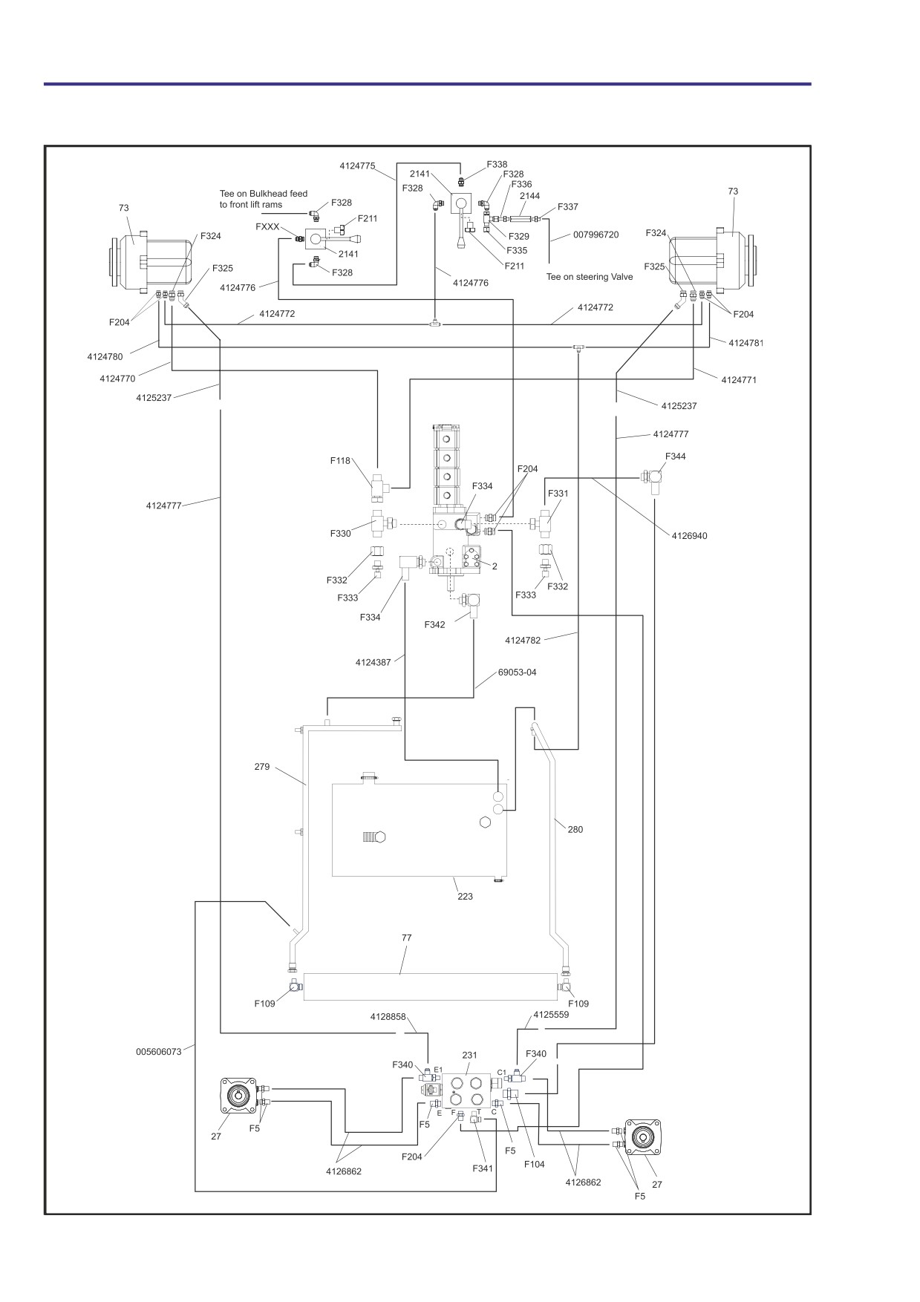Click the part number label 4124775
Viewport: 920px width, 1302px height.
pyautogui.click(x=357, y=166)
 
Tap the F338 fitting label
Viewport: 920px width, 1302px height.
pyautogui.click(x=497, y=165)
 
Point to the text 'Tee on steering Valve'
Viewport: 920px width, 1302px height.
pyautogui.click(x=590, y=277)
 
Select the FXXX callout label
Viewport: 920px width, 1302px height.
pyautogui.click(x=267, y=226)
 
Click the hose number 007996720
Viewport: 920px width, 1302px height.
pyautogui.click(x=596, y=235)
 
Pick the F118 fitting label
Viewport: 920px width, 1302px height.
pyautogui.click(x=340, y=461)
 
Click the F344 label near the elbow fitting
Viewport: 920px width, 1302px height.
pyautogui.click(x=676, y=457)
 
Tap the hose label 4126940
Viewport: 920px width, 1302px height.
pyautogui.click(x=689, y=536)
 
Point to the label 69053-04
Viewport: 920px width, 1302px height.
pyautogui.click(x=517, y=673)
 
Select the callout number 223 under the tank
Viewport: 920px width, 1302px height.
pyautogui.click(x=465, y=897)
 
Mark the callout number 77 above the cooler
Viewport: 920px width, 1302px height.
pyautogui.click(x=406, y=938)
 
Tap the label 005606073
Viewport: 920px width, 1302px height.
pyautogui.click(x=159, y=1052)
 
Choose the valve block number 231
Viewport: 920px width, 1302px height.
pyautogui.click(x=469, y=1055)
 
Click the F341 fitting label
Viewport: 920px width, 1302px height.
pyautogui.click(x=483, y=1168)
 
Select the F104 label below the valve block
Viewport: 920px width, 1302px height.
pyautogui.click(x=534, y=1164)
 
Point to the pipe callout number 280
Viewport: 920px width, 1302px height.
pyautogui.click(x=575, y=830)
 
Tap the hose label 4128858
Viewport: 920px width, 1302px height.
pyautogui.click(x=388, y=1017)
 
